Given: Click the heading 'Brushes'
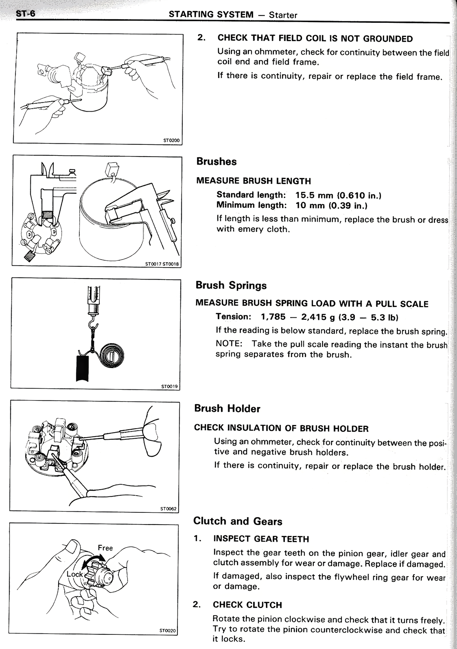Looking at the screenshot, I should pos(216,162).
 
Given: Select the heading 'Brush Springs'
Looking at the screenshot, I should pos(231,285).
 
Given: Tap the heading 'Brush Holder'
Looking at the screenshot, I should pos(227,408).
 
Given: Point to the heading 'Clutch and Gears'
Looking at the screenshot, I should pos(237,521).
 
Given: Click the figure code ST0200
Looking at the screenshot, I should pos(171,140).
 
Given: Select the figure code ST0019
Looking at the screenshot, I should pos(169,386).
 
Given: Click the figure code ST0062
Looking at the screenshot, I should pos(168,509).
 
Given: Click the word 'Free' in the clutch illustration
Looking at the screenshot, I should pos(105,548).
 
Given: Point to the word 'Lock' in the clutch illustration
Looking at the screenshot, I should pos(75,574).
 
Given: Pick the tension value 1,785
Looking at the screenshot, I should pos(273,317).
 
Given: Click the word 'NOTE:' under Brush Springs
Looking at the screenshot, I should pos(229,344).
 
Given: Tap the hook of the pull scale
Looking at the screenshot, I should pos(94,325).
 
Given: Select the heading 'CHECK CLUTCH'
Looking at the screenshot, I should pos(247,605).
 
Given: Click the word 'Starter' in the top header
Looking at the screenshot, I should pos(283,15).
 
